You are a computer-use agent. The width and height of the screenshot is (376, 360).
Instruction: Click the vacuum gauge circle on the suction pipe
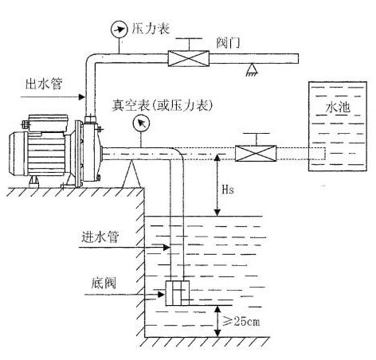pos(142,123)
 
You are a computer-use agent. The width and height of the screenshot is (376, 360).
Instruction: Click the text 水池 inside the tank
pos(339,106)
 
